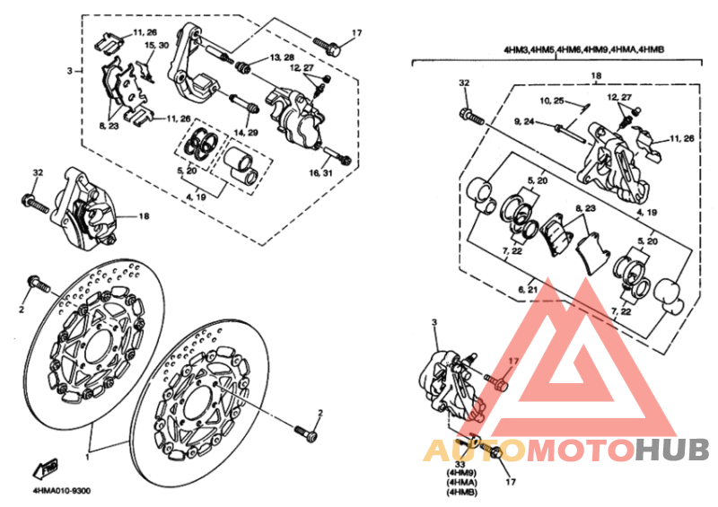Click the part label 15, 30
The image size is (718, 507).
pos(156,45)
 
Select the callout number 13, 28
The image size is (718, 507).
pos(282,57)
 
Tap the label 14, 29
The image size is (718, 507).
pos(246,133)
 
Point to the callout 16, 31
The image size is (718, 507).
pos(321,172)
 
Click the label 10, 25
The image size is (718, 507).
pos(552,101)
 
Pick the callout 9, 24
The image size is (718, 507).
pos(524,121)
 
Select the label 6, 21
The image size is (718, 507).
pos(528,290)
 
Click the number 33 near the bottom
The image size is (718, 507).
pos(460,465)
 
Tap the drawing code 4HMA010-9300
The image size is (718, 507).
pos(61,491)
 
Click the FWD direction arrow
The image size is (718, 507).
pos(45,468)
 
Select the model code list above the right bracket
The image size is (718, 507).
pos(583,49)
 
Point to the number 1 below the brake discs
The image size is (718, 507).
pos(87,456)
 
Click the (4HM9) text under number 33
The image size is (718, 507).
pos(461,473)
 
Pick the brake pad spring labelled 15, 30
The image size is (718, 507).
pos(145,71)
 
